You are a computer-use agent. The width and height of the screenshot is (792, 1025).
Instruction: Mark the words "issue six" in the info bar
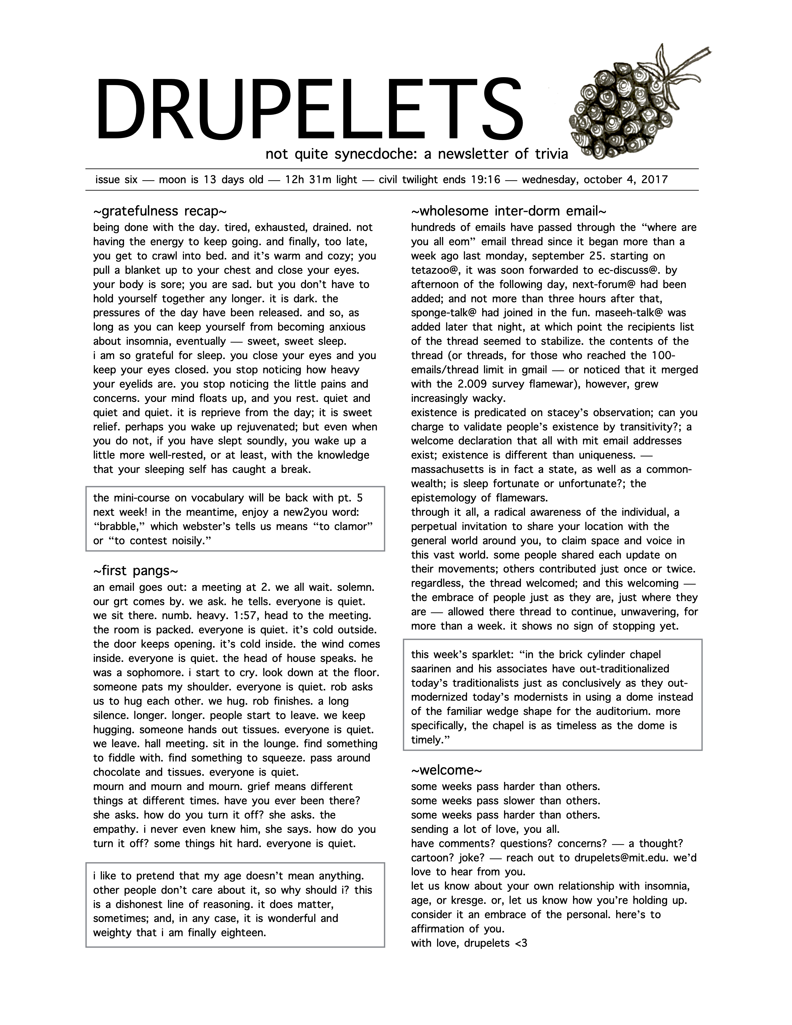116,180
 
